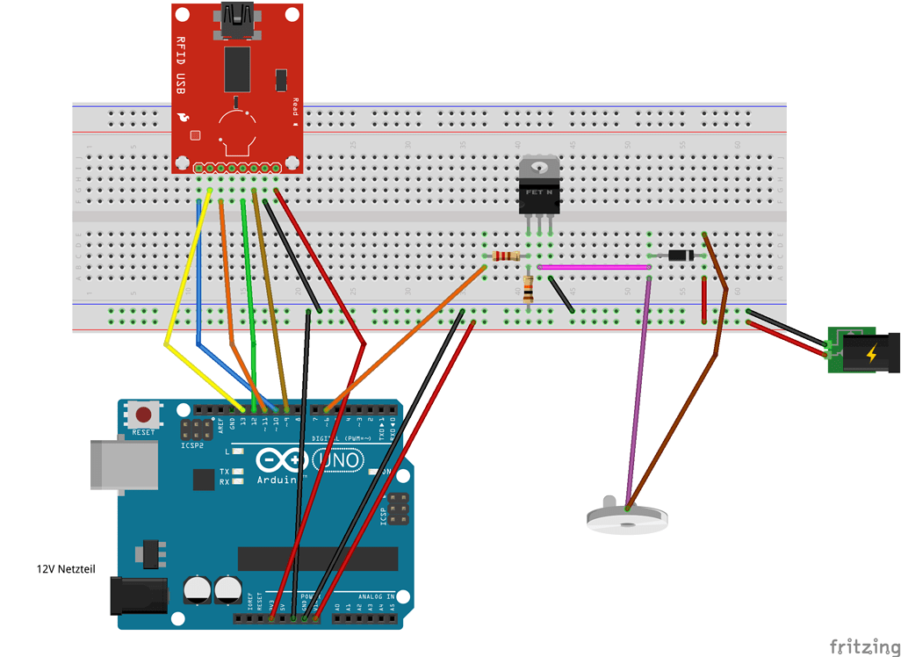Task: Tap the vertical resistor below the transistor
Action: click(x=528, y=287)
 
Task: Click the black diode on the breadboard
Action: click(x=681, y=256)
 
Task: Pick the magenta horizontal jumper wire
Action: click(x=593, y=266)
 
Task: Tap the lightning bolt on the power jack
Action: click(x=870, y=355)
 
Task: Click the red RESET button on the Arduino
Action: click(x=143, y=415)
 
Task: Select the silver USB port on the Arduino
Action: click(x=123, y=463)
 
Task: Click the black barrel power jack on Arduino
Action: click(x=137, y=596)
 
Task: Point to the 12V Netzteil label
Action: click(x=65, y=569)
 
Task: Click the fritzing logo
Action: click(x=864, y=647)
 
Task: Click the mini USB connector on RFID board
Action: click(x=237, y=19)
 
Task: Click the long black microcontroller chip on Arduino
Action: click(x=317, y=559)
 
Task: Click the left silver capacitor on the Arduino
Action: click(x=198, y=589)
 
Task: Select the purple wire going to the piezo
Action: click(x=638, y=395)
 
